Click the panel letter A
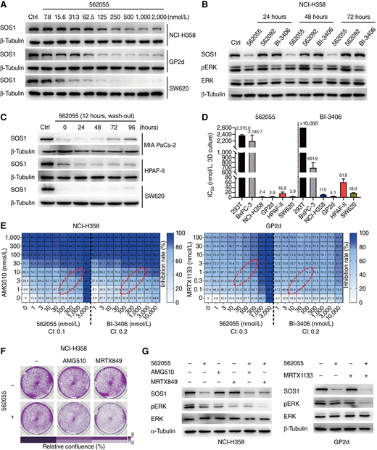click(x=5, y=6)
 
